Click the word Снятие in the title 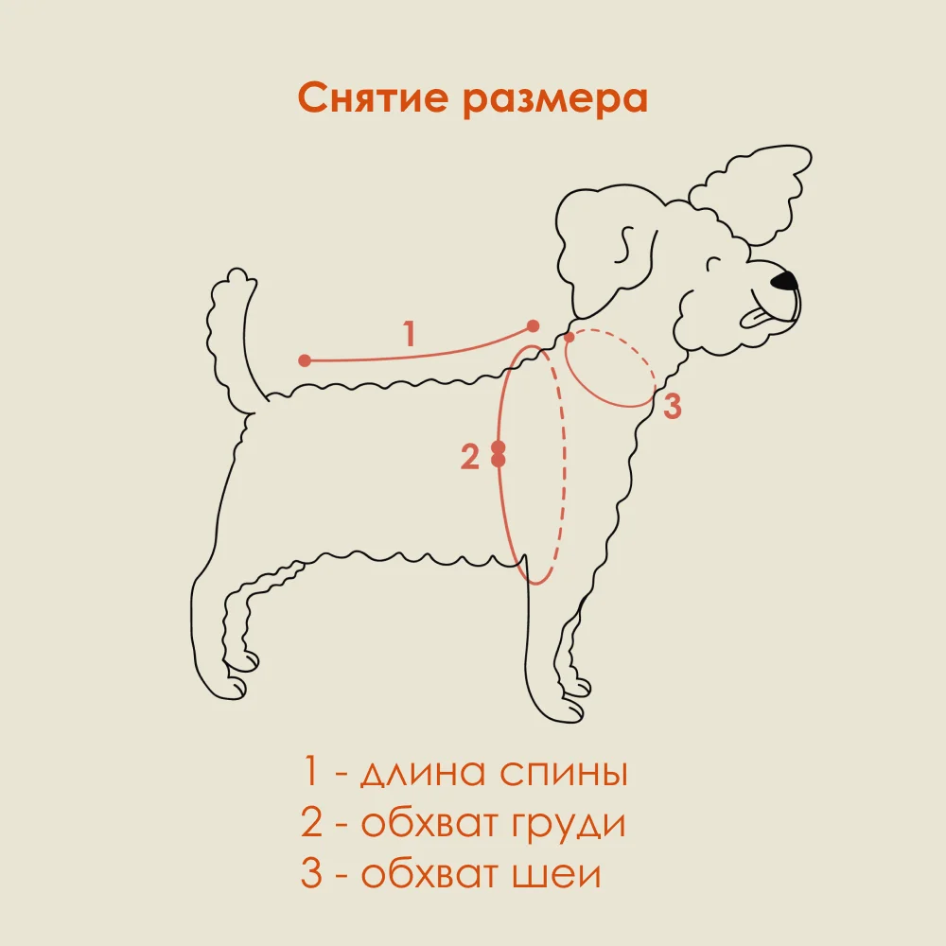click(372, 97)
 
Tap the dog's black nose click(785, 280)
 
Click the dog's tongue click(755, 318)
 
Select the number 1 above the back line click(410, 334)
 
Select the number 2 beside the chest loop click(469, 457)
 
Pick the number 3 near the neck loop click(672, 406)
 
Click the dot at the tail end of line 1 click(305, 360)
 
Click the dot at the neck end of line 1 click(533, 326)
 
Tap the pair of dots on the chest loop click(499, 454)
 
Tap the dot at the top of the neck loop click(569, 338)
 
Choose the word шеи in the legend click(557, 873)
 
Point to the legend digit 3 click(310, 872)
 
